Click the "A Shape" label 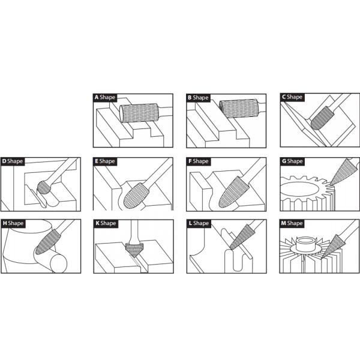pos(105,97)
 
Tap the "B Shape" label pos(198,98)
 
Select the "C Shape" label pos(292,97)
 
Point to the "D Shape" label pos(13,161)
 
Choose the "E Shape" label pos(105,161)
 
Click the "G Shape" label pos(292,161)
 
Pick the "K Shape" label pos(106,223)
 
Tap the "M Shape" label pos(292,223)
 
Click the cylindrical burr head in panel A pos(139,113)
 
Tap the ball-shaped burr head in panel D pos(44,187)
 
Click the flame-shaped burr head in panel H pos(48,242)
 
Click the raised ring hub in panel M pos(305,244)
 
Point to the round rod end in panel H pos(58,263)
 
